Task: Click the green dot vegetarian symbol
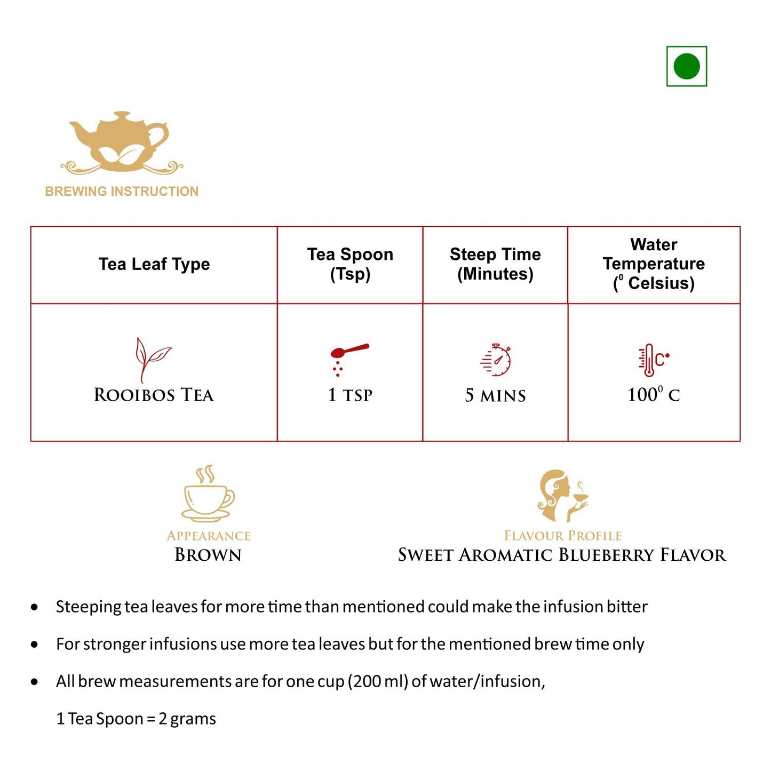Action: coord(686,66)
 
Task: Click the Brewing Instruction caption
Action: coord(122,191)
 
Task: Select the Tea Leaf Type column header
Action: coord(154,264)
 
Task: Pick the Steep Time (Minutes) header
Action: coord(495,264)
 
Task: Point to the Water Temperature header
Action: coord(654,264)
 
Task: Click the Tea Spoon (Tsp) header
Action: coord(350,264)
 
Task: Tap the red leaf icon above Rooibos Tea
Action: coord(152,359)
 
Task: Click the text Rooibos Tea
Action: coord(154,395)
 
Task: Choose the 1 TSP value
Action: coord(350,395)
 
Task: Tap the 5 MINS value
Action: coord(495,395)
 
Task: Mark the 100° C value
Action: coord(654,395)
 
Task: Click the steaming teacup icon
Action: coord(208,494)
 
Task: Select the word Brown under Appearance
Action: coord(208,555)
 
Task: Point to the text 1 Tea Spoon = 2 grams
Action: coord(136,719)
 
